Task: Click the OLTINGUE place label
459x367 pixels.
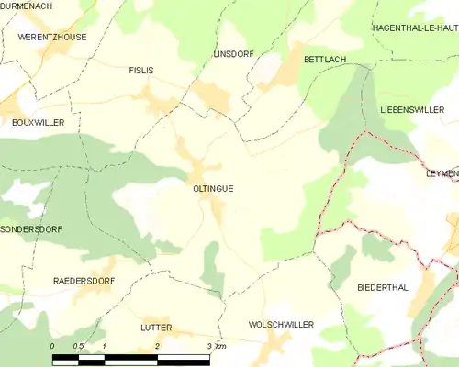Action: coord(213,188)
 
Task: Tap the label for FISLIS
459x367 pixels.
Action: coord(141,70)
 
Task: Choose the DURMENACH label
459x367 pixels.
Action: coord(30,5)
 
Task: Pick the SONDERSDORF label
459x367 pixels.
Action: coord(31,229)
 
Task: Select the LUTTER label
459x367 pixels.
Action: coord(157,327)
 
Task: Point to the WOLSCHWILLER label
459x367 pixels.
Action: coord(281,325)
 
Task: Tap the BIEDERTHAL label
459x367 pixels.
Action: coord(382,287)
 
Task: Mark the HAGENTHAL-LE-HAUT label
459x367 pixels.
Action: coord(414,28)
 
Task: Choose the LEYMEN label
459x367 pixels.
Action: coord(442,173)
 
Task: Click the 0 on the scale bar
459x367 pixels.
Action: coord(52,345)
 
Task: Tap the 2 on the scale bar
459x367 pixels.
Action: coord(158,345)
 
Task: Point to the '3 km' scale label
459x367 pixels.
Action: coord(216,345)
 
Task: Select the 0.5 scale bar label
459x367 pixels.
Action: coord(78,345)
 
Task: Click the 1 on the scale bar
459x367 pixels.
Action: coord(105,345)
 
